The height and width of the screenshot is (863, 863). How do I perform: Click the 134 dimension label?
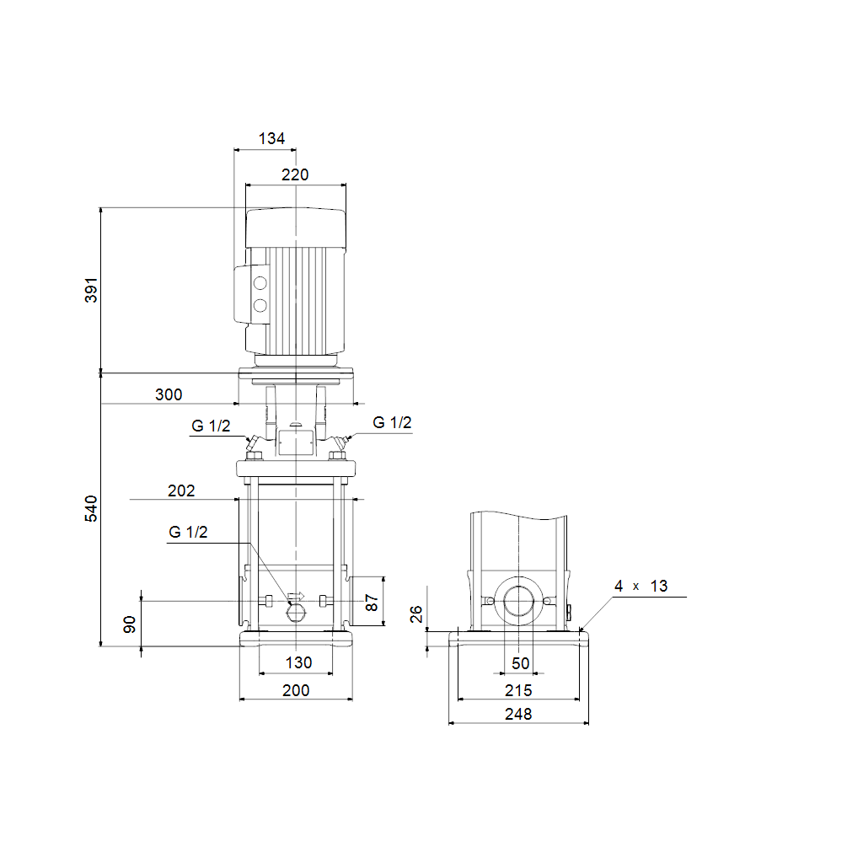pyautogui.click(x=271, y=138)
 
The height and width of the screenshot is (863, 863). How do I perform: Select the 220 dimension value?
pyautogui.click(x=295, y=174)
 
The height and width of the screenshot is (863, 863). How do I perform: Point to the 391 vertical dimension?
pyautogui.click(x=91, y=290)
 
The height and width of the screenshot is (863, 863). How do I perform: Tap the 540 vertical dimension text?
pyautogui.click(x=91, y=508)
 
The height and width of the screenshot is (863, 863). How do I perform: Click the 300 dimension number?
pyautogui.click(x=169, y=394)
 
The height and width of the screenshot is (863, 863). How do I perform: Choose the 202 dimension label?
pyautogui.click(x=181, y=490)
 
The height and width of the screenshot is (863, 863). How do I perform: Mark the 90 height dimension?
pyautogui.click(x=129, y=624)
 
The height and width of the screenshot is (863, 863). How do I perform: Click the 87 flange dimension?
pyautogui.click(x=372, y=603)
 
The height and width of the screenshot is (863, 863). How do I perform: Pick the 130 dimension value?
pyautogui.click(x=298, y=662)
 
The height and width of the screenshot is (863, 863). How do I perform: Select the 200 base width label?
pyautogui.click(x=296, y=690)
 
